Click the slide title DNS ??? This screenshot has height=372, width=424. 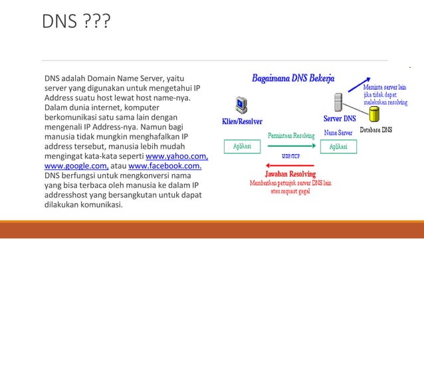[x=76, y=23]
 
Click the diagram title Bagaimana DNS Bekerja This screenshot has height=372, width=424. [x=292, y=78]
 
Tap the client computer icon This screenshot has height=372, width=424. [x=242, y=105]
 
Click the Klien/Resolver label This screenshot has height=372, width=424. [x=242, y=122]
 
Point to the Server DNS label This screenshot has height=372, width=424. [x=339, y=119]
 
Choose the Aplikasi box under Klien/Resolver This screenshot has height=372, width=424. [x=242, y=146]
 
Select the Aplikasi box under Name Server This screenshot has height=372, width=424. [x=338, y=146]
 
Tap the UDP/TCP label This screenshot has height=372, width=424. [x=290, y=156]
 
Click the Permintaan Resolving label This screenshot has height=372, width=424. [x=291, y=135]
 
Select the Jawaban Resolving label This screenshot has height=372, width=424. [x=290, y=173]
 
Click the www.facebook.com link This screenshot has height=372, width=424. [x=165, y=166]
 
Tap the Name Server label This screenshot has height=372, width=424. [x=338, y=133]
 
